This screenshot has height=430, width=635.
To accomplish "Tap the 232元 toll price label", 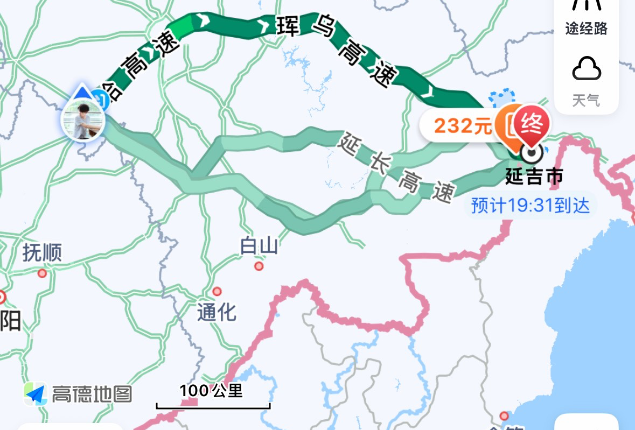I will point(463,126).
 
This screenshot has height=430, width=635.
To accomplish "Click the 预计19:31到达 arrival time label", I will point(530,205).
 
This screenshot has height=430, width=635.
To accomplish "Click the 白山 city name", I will point(259,246).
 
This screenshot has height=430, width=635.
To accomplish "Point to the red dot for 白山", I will point(259,266).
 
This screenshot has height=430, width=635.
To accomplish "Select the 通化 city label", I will point(217,312).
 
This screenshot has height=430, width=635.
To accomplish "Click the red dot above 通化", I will point(217,291).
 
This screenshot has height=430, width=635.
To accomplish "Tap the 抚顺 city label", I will point(42,252).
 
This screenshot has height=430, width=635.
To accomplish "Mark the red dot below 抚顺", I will point(42,273).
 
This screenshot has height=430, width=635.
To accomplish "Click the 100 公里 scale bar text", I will point(212,391).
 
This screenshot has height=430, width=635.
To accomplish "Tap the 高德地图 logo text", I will point(92,394).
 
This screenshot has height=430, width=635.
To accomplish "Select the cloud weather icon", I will point(586,69).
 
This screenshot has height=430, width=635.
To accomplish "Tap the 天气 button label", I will point(586,100).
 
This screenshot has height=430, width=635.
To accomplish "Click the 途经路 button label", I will point(586,29).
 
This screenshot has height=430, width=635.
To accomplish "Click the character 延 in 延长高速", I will point(349,144).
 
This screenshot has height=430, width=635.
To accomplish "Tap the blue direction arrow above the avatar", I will point(82,92).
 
